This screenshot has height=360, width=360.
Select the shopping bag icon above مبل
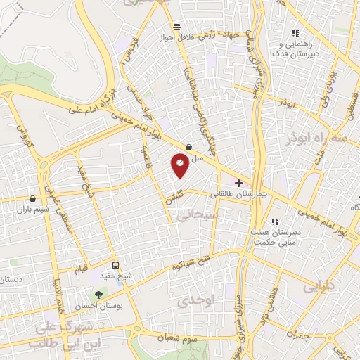point(189,148)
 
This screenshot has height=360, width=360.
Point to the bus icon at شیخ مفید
point(116,264)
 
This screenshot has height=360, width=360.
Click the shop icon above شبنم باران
point(33,199)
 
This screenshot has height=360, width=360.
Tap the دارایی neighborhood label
point(320,287)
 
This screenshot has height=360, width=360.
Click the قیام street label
point(83,268)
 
